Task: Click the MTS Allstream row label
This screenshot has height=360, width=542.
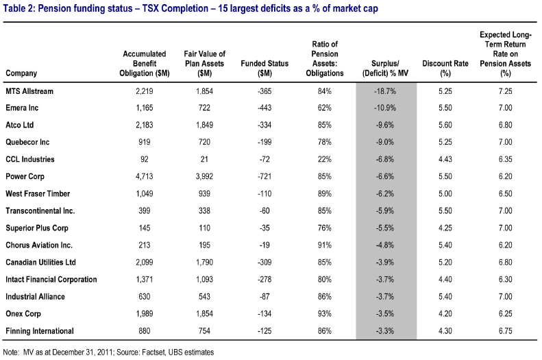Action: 29,91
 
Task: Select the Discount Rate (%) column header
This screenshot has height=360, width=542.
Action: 445,68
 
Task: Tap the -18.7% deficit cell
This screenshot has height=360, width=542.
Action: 385,91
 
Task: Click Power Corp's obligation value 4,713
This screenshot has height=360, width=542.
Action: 145,176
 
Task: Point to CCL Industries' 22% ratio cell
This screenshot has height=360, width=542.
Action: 325,159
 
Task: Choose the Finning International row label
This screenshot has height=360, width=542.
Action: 40,331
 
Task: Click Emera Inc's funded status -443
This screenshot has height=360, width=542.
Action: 264,108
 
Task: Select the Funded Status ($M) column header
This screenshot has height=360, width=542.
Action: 264,68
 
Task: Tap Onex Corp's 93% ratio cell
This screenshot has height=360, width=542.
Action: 325,313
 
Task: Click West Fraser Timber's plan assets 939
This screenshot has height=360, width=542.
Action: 204,193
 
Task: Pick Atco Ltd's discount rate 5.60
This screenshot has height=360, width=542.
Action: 445,125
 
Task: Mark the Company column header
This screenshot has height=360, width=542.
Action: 21,73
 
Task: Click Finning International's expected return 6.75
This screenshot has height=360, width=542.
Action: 506,331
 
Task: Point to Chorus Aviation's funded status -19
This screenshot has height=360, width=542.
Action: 264,245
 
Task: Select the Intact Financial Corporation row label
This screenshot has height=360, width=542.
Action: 51,279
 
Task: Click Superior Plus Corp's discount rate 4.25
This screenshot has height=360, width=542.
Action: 445,228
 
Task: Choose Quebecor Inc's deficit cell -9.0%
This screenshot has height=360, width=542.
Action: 385,142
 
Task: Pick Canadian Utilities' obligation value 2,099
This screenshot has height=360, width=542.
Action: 145,262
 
